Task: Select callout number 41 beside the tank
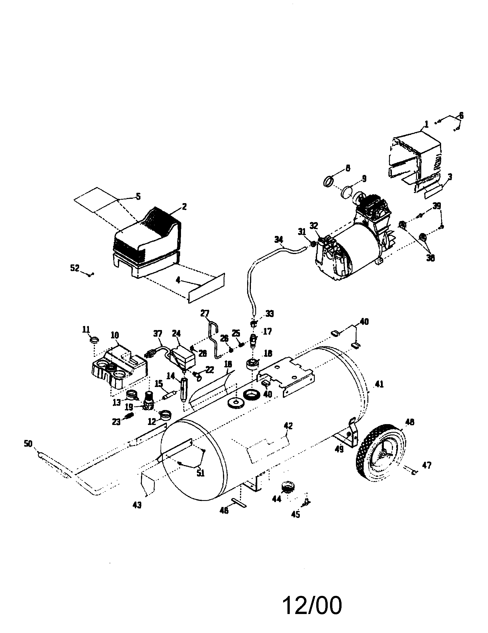pos(379,384)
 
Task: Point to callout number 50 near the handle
pos(28,444)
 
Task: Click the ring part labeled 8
pos(327,182)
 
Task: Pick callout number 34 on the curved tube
pos(279,239)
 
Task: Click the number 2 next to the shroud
pos(184,207)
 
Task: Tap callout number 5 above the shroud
pos(138,197)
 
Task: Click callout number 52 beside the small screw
pos(75,268)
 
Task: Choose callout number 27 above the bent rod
pos(205,313)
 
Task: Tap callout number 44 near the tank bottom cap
pos(277,499)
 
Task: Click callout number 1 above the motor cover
pos(426,125)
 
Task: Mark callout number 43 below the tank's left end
pos(137,505)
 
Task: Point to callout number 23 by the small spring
pos(116,422)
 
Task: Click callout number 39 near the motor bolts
pos(437,206)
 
